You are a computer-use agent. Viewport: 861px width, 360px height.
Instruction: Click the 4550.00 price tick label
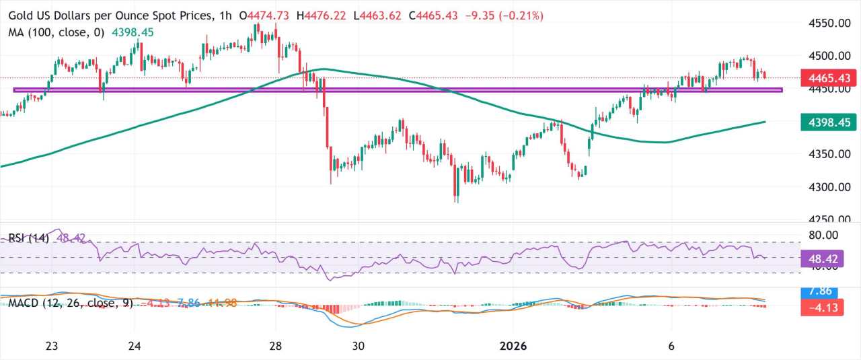826,23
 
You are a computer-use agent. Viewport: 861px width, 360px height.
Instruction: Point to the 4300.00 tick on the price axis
826,186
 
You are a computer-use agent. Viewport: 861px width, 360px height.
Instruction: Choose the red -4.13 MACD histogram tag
823,308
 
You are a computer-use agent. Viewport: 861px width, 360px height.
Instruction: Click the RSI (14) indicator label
29,239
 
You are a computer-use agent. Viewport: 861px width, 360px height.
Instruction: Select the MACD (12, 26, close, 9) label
71,303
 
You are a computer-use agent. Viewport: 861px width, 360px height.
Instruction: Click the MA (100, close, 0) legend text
57,32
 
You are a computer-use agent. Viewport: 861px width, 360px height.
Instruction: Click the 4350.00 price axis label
826,154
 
